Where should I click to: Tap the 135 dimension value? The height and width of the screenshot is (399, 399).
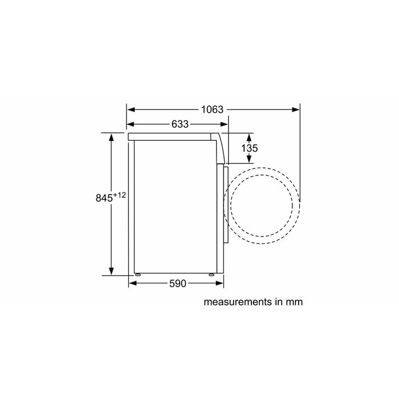[250, 148]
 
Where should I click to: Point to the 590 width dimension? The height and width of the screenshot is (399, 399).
[178, 284]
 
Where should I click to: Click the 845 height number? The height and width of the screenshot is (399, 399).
[104, 198]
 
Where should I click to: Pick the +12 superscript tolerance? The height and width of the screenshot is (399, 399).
[119, 195]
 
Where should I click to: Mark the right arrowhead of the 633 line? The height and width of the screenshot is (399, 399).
[225, 124]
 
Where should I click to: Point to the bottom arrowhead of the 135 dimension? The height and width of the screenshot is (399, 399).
[250, 161]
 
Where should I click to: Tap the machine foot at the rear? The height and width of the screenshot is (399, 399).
[137, 274]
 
